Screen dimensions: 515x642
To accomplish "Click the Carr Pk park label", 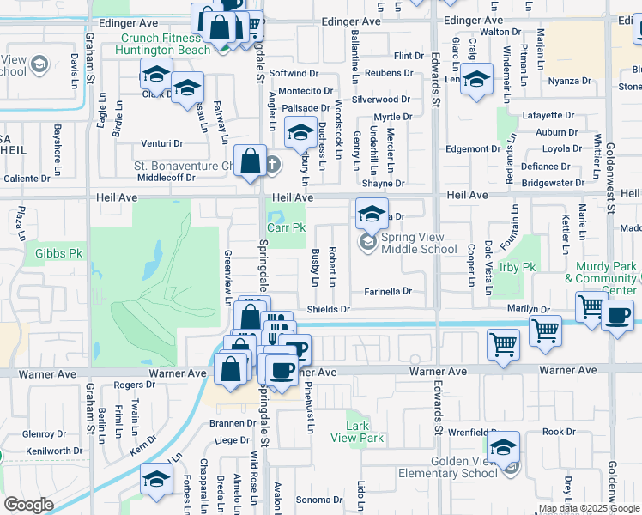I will (286, 228).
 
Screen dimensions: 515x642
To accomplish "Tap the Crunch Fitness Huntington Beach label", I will (165, 44).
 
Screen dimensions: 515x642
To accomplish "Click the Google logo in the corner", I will (28, 505).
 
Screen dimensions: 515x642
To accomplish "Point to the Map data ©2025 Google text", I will (589, 509).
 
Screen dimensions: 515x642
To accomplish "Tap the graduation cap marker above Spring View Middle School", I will (370, 212).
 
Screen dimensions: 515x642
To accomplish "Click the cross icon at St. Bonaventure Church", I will (272, 164).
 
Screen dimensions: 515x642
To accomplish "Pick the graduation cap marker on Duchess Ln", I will (300, 133).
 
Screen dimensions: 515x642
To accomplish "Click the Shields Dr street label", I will (329, 309).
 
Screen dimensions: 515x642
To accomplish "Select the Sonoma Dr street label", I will (319, 500).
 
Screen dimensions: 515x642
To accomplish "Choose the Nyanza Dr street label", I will (570, 82).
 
